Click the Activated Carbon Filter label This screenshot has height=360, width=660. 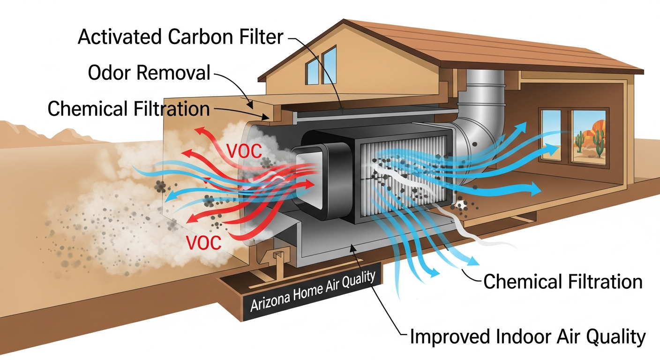point(180,36)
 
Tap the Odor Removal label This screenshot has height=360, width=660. point(149,73)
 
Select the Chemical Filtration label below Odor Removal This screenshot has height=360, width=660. point(128,109)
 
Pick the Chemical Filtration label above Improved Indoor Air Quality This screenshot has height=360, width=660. point(562,282)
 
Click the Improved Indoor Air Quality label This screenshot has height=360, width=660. point(527,337)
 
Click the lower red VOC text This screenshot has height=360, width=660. point(203,242)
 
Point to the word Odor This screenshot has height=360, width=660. point(108,73)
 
